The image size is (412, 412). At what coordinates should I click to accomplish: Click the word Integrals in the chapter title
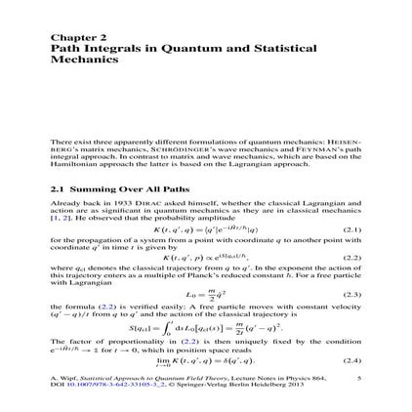(100, 48)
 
